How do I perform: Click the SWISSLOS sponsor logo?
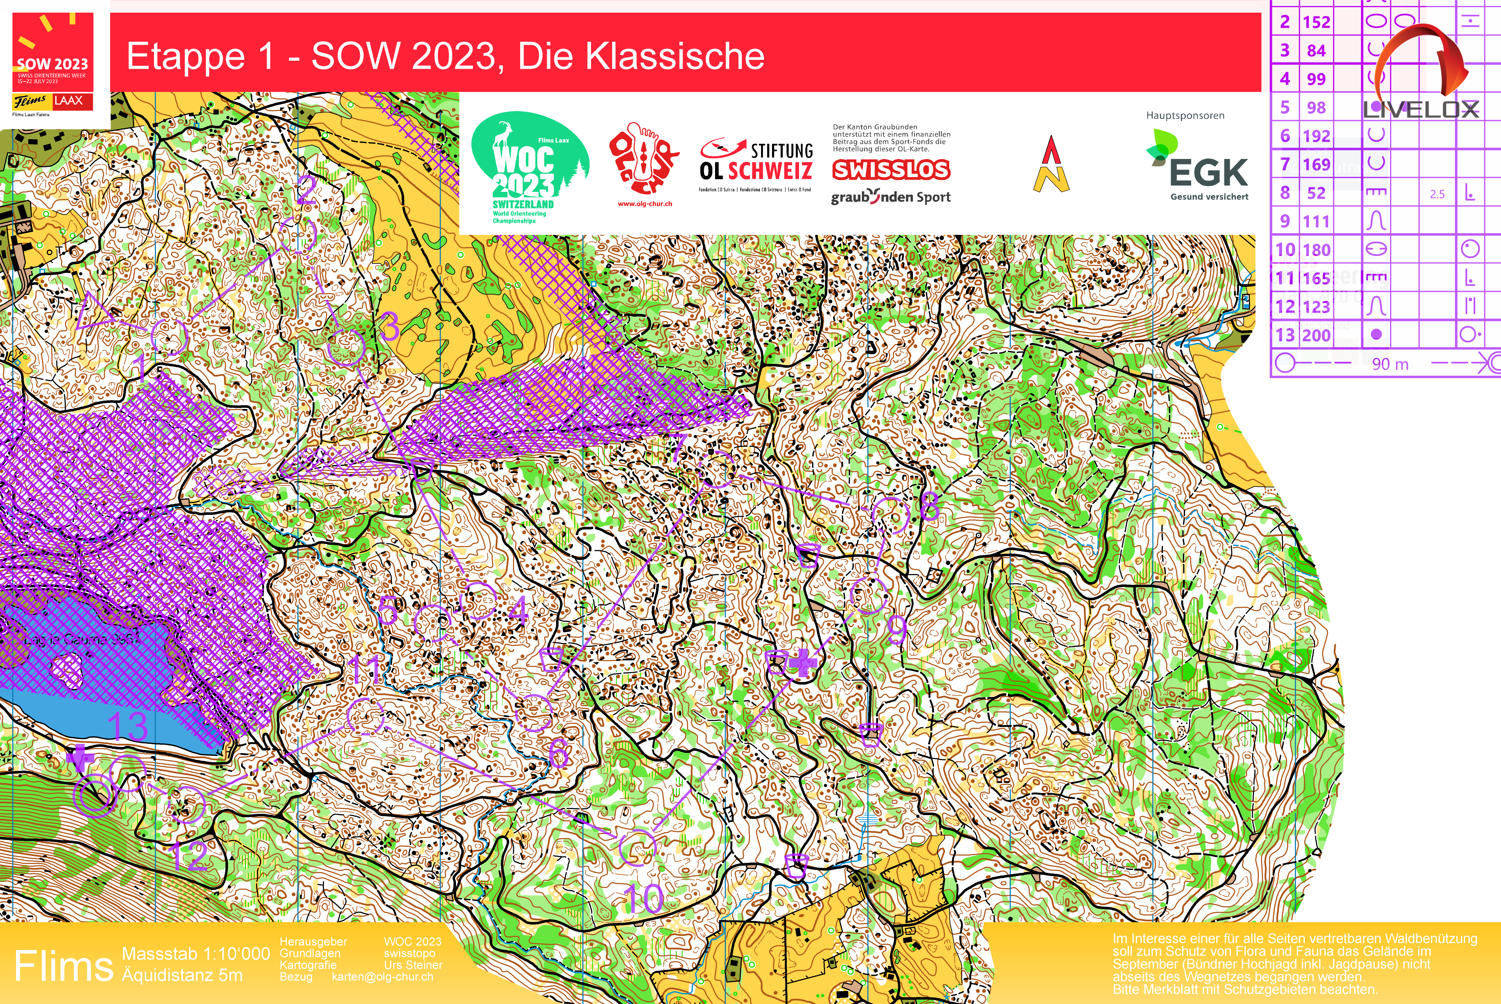[891, 170]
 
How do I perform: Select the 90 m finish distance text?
[1390, 364]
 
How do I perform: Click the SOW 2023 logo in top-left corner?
[53, 64]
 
